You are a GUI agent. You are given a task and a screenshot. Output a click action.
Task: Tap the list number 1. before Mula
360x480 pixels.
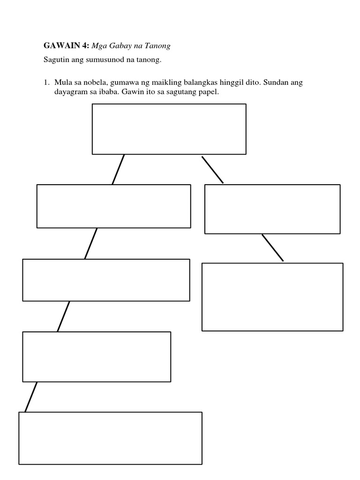tap(46, 82)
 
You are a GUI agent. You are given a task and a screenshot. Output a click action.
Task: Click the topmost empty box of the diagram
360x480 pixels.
tap(169, 129)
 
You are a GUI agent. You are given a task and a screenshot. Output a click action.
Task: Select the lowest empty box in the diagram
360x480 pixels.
tap(110, 438)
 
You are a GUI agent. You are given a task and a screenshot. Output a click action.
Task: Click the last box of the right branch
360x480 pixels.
tap(272, 297)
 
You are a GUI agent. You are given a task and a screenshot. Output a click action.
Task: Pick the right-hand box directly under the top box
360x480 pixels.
tap(272, 209)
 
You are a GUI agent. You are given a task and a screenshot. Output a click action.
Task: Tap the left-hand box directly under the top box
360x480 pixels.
tap(113, 206)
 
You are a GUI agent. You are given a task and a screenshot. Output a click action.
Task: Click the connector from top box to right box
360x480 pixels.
tap(213, 170)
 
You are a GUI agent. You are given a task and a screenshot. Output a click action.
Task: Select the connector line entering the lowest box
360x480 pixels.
tap(31, 397)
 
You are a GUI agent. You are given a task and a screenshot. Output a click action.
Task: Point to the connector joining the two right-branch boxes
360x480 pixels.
tap(273, 248)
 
